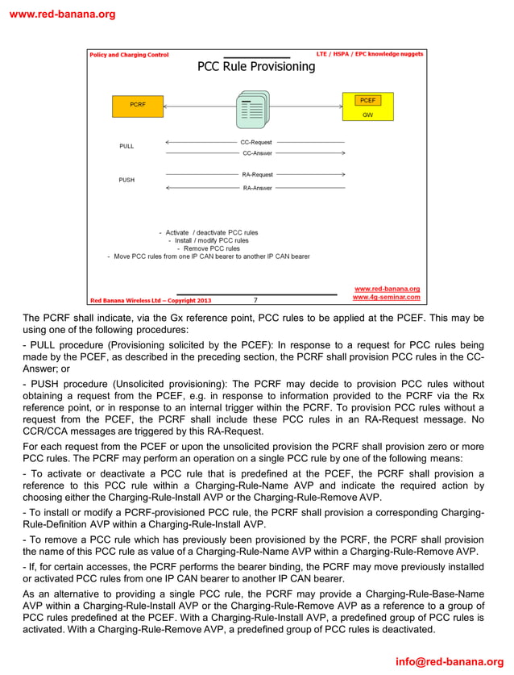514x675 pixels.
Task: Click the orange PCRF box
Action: click(x=137, y=105)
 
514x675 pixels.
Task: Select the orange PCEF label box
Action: click(x=367, y=101)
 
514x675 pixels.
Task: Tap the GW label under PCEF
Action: click(x=367, y=115)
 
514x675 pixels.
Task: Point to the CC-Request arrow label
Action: click(x=256, y=142)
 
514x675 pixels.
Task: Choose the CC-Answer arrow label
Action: click(x=257, y=152)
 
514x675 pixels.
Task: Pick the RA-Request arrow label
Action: click(x=257, y=174)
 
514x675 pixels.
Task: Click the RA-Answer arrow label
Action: click(x=257, y=188)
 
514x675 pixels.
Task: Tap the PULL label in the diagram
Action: click(x=126, y=147)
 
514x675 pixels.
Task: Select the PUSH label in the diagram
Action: click(x=126, y=180)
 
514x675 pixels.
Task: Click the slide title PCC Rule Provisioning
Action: click(x=256, y=67)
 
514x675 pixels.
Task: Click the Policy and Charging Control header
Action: click(x=129, y=55)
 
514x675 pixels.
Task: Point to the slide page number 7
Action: click(x=255, y=300)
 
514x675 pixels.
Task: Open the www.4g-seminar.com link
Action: click(x=386, y=298)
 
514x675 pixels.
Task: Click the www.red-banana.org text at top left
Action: click(x=62, y=14)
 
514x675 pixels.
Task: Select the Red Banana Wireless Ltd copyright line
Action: click(x=150, y=301)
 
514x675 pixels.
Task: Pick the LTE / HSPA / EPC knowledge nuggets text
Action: click(x=369, y=54)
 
